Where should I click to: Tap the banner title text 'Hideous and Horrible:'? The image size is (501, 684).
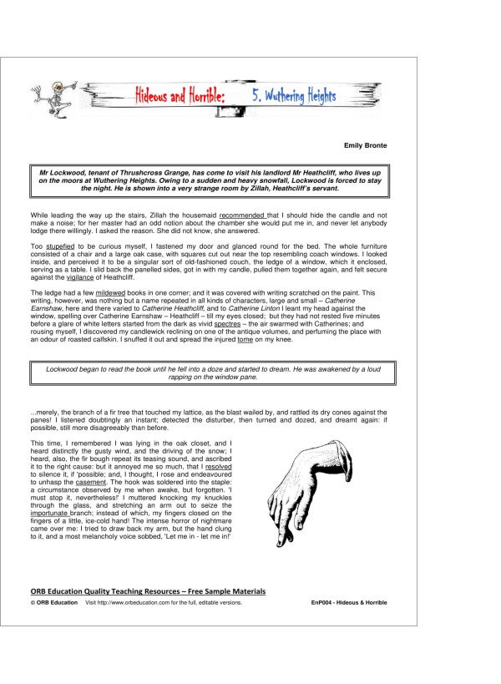[x=175, y=96]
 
